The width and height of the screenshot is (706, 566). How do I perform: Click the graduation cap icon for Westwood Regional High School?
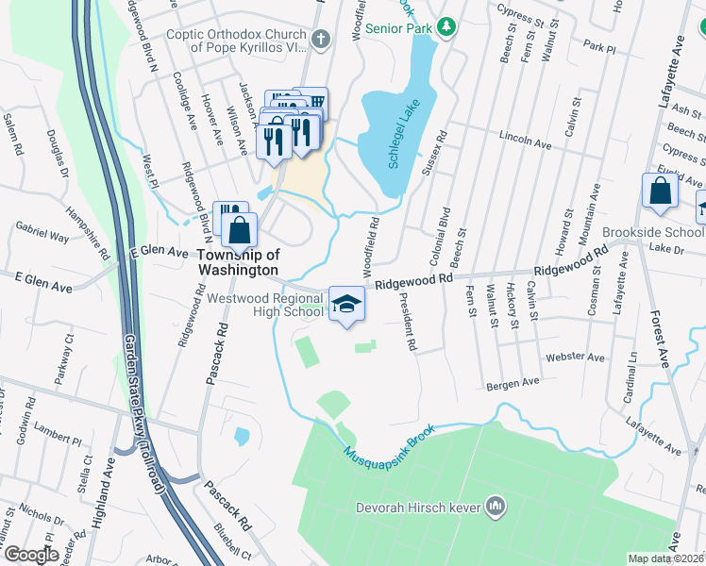point(346,305)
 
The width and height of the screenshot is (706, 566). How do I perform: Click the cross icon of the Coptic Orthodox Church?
point(321,39)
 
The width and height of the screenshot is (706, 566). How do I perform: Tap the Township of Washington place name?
point(238,261)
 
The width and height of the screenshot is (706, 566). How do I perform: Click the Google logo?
point(30,555)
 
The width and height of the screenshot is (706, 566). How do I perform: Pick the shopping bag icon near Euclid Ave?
point(660,190)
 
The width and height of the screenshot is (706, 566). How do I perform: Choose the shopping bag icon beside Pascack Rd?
point(242,229)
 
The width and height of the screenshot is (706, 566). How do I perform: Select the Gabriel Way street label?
point(42,233)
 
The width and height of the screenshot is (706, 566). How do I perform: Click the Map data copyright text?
point(665,558)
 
